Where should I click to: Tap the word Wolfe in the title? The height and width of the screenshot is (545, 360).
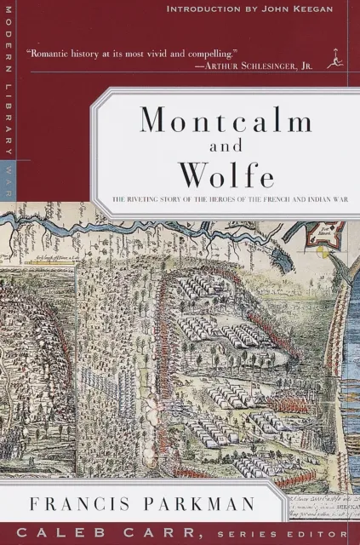click(x=226, y=175)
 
